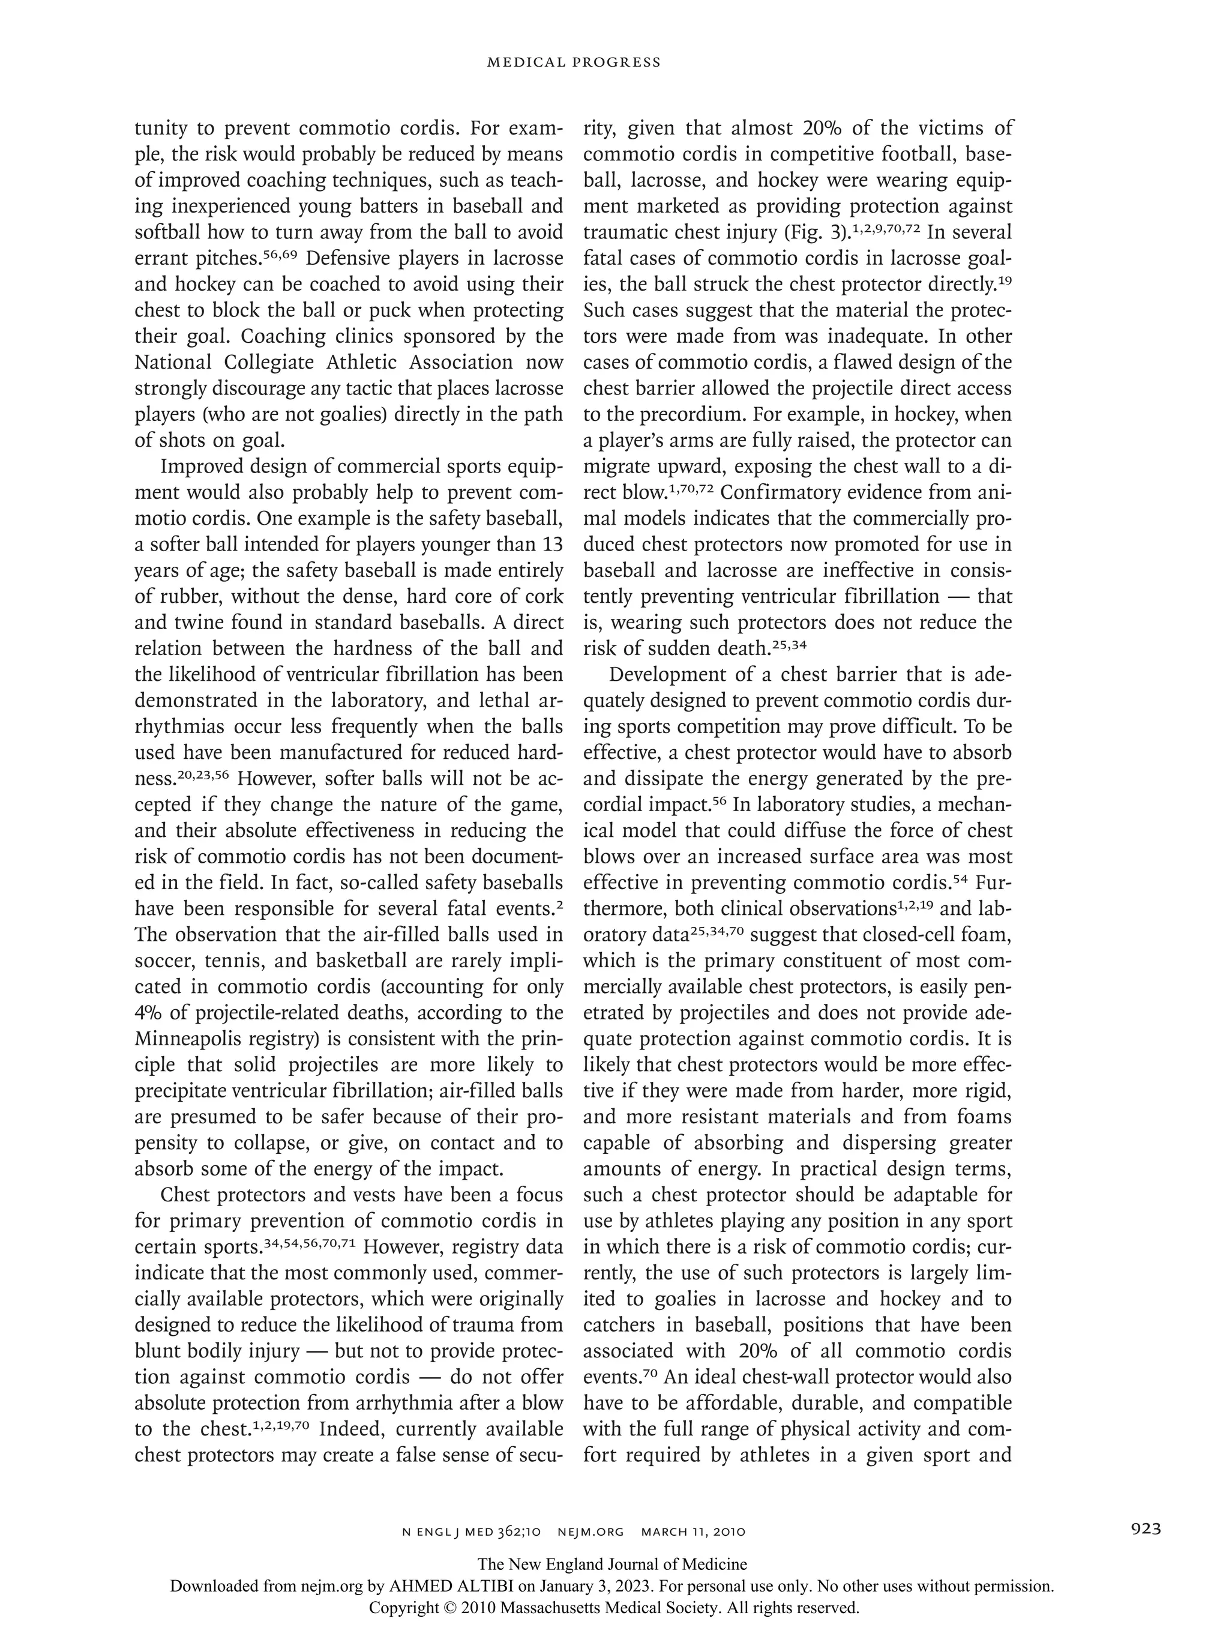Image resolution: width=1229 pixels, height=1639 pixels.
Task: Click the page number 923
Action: click(x=1146, y=1528)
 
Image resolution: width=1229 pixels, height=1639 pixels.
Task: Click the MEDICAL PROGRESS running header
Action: click(x=573, y=62)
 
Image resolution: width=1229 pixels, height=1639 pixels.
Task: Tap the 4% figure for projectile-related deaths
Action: click(x=149, y=1013)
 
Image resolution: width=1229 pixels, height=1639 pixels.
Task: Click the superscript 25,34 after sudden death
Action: click(x=789, y=645)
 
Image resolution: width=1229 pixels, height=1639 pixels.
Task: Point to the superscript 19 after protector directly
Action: click(x=1005, y=280)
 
